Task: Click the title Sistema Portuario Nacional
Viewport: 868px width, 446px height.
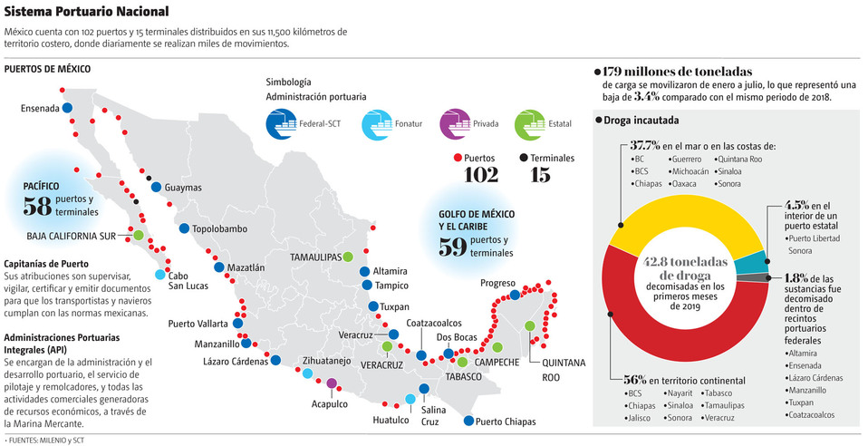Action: (86, 12)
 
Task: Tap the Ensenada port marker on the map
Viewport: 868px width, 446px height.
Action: (68, 108)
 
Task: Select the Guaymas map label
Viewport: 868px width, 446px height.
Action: (183, 188)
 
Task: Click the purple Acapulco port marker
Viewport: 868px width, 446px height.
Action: (332, 383)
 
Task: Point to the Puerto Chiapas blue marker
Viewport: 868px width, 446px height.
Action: (468, 420)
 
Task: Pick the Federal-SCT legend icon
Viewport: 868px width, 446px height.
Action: (280, 122)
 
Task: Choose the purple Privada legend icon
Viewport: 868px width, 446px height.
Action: (453, 122)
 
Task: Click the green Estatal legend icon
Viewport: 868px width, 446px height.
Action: (529, 122)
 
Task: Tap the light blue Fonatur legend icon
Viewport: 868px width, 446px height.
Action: (375, 122)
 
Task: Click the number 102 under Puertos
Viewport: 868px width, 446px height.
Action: (481, 175)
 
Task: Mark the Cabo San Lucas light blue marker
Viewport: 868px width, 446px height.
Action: (160, 275)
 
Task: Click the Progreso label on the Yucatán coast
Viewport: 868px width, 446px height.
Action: (497, 283)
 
